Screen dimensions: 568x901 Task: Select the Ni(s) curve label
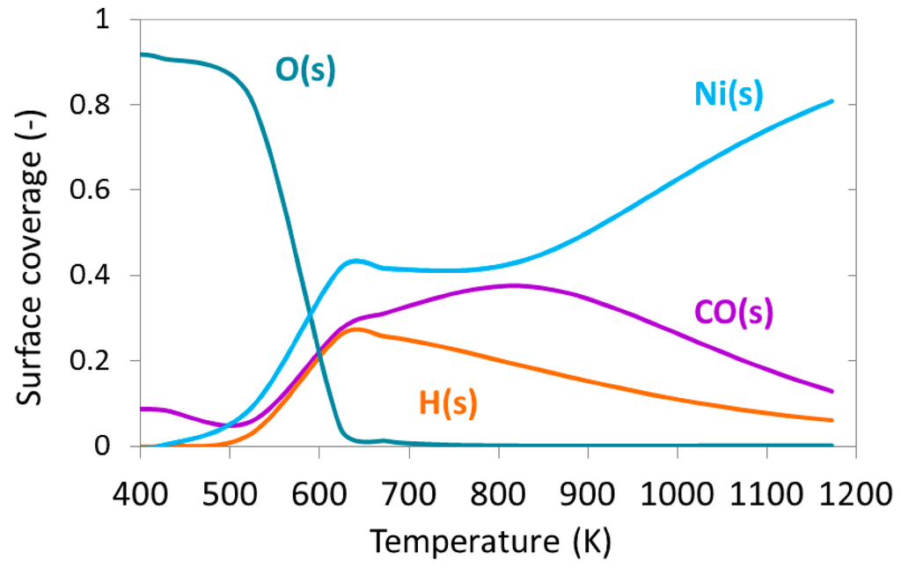point(729,94)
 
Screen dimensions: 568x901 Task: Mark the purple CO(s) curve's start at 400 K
point(141,409)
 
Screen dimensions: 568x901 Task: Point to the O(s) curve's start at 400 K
point(141,55)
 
